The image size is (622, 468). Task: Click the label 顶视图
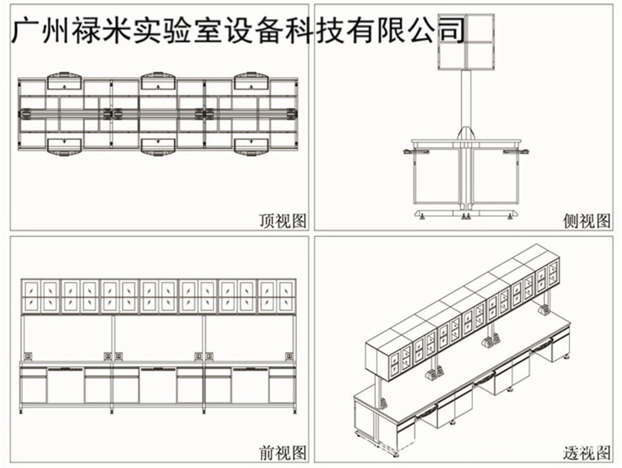[282, 222]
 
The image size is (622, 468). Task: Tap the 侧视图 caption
[586, 222]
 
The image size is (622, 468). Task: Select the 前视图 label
[282, 452]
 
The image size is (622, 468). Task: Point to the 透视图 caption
[586, 452]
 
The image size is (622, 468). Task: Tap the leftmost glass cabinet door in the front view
[31, 296]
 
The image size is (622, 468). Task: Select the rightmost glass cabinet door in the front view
[286, 296]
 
